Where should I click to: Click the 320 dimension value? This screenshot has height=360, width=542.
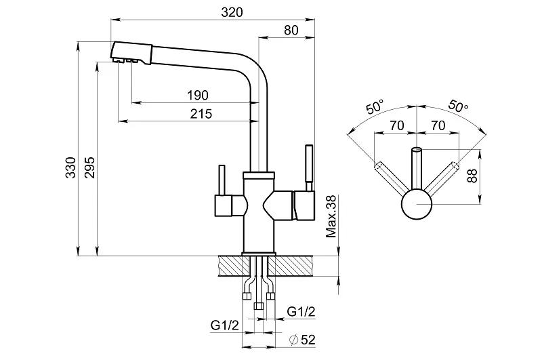pyautogui.click(x=232, y=13)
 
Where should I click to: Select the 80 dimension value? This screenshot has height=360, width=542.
pyautogui.click(x=291, y=30)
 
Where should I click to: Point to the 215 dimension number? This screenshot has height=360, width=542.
pyautogui.click(x=201, y=114)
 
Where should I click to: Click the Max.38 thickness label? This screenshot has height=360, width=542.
pyautogui.click(x=331, y=218)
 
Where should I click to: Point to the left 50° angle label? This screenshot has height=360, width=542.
pyautogui.click(x=375, y=106)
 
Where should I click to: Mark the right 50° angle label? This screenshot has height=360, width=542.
pyautogui.click(x=458, y=106)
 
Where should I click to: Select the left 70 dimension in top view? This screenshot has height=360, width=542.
pyautogui.click(x=396, y=125)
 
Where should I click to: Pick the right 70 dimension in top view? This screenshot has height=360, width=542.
pyautogui.click(x=438, y=125)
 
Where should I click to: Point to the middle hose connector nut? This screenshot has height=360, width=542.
pyautogui.click(x=257, y=306)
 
